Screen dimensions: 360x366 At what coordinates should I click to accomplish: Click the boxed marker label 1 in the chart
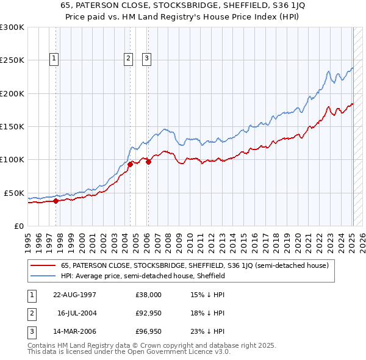click(54, 59)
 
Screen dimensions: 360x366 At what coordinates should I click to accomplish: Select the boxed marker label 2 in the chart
click(129, 59)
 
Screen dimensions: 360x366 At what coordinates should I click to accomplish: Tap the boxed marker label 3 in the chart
click(147, 59)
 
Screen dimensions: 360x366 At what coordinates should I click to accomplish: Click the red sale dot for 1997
click(56, 200)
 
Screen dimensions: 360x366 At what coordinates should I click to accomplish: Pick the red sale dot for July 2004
click(130, 164)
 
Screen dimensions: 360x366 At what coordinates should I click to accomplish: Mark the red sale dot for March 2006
click(148, 161)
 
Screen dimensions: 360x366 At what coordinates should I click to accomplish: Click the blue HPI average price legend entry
click(143, 276)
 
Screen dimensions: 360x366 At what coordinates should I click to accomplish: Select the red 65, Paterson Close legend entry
click(195, 265)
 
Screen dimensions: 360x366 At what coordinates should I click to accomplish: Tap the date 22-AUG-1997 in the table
click(75, 294)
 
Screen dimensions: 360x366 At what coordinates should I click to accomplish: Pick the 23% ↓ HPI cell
click(207, 331)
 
